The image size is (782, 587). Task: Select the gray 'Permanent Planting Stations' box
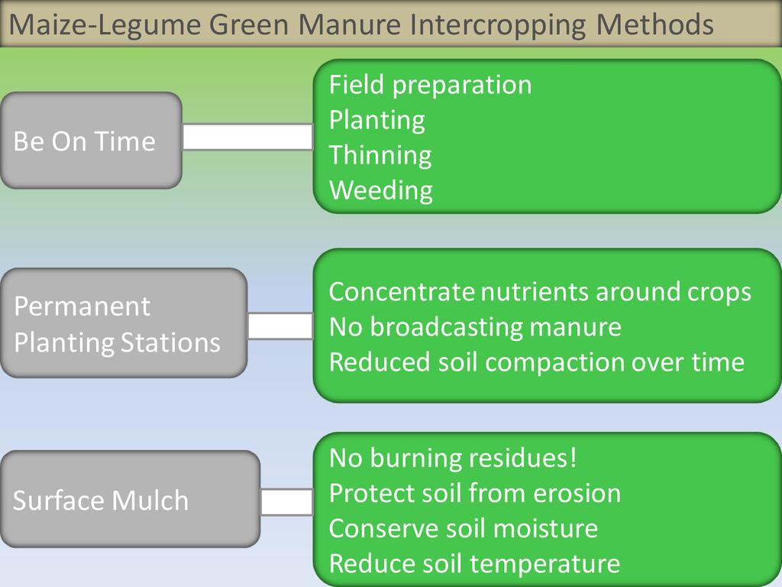[123, 323]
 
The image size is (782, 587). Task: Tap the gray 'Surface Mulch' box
[130, 499]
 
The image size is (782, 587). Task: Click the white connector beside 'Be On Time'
[247, 137]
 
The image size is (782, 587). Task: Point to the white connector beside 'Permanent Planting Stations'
[280, 326]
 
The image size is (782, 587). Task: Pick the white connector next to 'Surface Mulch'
[286, 502]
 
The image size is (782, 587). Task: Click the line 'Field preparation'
[430, 85]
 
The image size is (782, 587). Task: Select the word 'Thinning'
[380, 155]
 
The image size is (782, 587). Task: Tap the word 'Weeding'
[380, 190]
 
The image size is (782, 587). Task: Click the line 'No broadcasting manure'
[474, 327]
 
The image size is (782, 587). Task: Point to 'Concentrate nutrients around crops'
[539, 292]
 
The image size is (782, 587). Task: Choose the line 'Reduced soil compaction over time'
[536, 362]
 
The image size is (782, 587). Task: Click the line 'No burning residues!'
[453, 459]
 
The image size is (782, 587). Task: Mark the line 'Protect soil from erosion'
[474, 494]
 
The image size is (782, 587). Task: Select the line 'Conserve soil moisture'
[463, 529]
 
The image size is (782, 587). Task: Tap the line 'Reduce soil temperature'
[474, 564]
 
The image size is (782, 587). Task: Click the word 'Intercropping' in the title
[499, 25]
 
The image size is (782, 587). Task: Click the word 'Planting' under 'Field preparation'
[376, 120]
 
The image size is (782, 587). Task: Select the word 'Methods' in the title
[654, 25]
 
